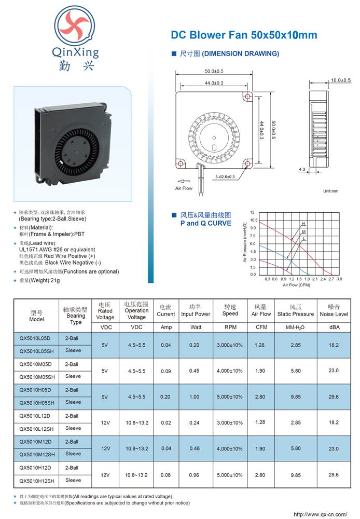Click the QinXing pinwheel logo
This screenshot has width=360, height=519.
(x=75, y=26)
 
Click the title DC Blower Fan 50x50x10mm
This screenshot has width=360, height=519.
(x=244, y=35)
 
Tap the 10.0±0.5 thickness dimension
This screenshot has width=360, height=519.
(x=341, y=80)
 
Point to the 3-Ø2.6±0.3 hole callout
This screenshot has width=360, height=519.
(x=225, y=177)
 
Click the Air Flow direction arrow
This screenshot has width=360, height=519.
(x=184, y=181)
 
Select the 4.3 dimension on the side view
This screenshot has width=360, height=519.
(x=302, y=170)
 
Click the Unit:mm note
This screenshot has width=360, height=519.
(x=330, y=191)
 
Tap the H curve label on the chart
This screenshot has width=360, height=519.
(x=303, y=224)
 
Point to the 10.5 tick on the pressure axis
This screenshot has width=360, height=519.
(x=254, y=220)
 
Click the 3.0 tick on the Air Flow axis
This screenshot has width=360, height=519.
(x=339, y=279)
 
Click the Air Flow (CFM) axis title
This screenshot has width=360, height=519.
(x=297, y=285)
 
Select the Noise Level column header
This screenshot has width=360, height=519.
(x=334, y=314)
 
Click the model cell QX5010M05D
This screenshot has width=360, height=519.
(x=35, y=364)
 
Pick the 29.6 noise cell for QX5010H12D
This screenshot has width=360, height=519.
(x=334, y=475)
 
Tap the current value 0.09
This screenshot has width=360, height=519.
(x=166, y=371)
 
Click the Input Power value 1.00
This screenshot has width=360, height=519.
(x=194, y=397)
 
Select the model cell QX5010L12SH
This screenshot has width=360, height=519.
(x=36, y=429)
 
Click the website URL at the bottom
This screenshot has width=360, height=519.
(x=320, y=514)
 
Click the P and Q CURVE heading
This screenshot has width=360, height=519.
(x=206, y=223)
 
